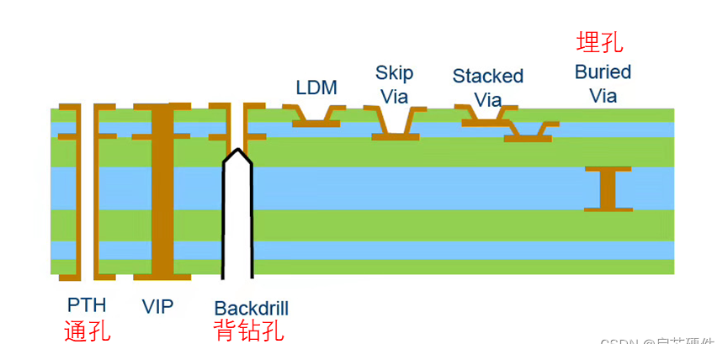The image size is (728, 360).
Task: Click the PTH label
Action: point(87,305)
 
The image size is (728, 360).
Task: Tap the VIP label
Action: point(158,306)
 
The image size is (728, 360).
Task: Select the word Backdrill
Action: point(251,308)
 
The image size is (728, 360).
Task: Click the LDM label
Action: point(316,87)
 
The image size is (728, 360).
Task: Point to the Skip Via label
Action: point(394,84)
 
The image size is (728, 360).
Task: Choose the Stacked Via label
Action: point(487,87)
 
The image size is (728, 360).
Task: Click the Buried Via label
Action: point(603,83)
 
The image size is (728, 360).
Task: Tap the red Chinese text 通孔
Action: point(87,331)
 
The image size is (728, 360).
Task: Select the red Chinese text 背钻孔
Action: point(249,331)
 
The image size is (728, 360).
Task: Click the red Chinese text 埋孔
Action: point(599,42)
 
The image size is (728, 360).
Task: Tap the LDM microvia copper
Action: point(316,119)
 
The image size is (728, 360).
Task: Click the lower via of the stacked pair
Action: point(529,132)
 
